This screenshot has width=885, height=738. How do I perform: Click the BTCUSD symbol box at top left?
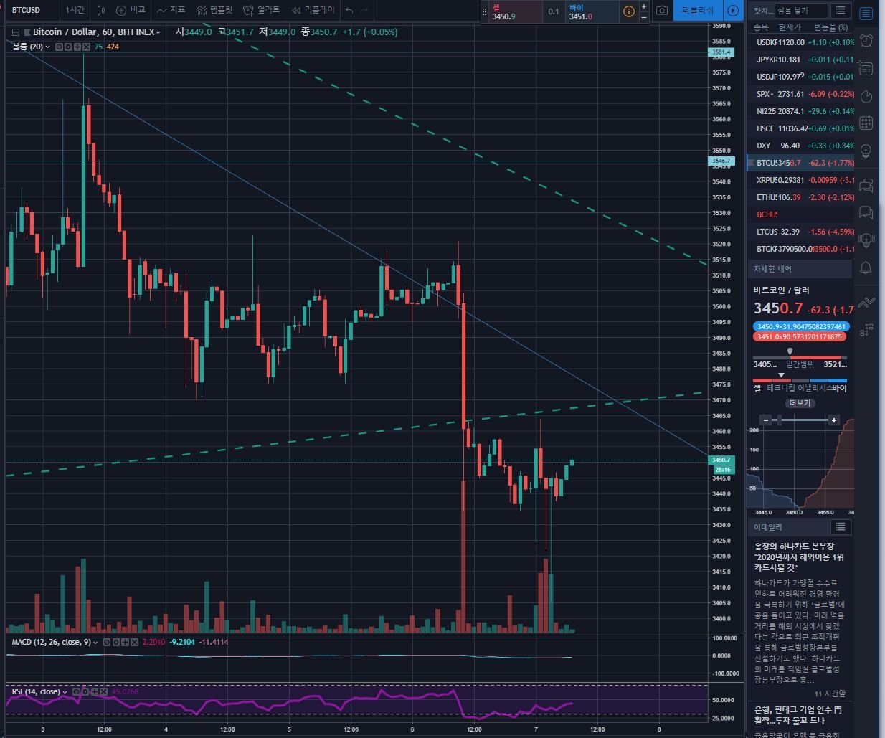click(27, 10)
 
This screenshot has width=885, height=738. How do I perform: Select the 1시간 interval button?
click(75, 10)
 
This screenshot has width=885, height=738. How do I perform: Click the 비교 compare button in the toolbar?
click(131, 10)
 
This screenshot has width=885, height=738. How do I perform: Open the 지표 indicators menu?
click(171, 10)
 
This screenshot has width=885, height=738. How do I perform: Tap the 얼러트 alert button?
click(262, 10)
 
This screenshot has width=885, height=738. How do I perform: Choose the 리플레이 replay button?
click(313, 10)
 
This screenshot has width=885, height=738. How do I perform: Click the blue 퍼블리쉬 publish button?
click(697, 11)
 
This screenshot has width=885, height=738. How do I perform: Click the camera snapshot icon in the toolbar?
click(662, 11)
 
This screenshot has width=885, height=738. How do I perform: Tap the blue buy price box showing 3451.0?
click(591, 11)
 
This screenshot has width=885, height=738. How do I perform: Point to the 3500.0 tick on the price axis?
click(721, 306)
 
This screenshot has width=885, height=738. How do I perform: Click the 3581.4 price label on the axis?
click(721, 52)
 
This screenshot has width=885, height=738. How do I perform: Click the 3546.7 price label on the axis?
click(721, 161)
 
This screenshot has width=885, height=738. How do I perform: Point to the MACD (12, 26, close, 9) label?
click(51, 642)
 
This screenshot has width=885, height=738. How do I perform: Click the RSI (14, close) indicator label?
click(36, 691)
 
